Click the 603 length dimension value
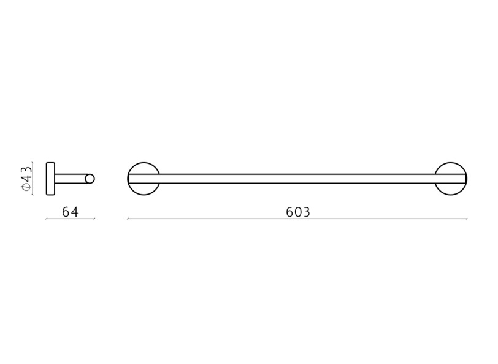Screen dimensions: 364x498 tap(298, 212)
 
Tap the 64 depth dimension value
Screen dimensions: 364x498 tap(70, 212)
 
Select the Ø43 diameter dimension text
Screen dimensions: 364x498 tap(26, 179)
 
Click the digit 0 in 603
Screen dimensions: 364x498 tap(298, 212)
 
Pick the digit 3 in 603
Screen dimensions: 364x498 tap(306, 212)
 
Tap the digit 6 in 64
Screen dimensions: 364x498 tap(66, 212)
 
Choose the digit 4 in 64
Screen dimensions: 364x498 tap(74, 212)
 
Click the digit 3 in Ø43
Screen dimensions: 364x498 tap(26, 169)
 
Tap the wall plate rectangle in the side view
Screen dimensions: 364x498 tap(50, 179)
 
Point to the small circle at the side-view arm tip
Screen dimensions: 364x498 tap(90, 179)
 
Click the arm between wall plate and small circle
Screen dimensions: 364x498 tap(70, 179)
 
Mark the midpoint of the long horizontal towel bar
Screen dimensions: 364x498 tap(297, 179)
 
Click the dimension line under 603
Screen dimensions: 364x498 tap(297, 219)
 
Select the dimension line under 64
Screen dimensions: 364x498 tap(70, 219)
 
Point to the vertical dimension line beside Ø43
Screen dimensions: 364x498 tap(33, 179)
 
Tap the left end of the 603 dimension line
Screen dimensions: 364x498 tap(128, 219)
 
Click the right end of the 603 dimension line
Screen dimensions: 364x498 tap(467, 219)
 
